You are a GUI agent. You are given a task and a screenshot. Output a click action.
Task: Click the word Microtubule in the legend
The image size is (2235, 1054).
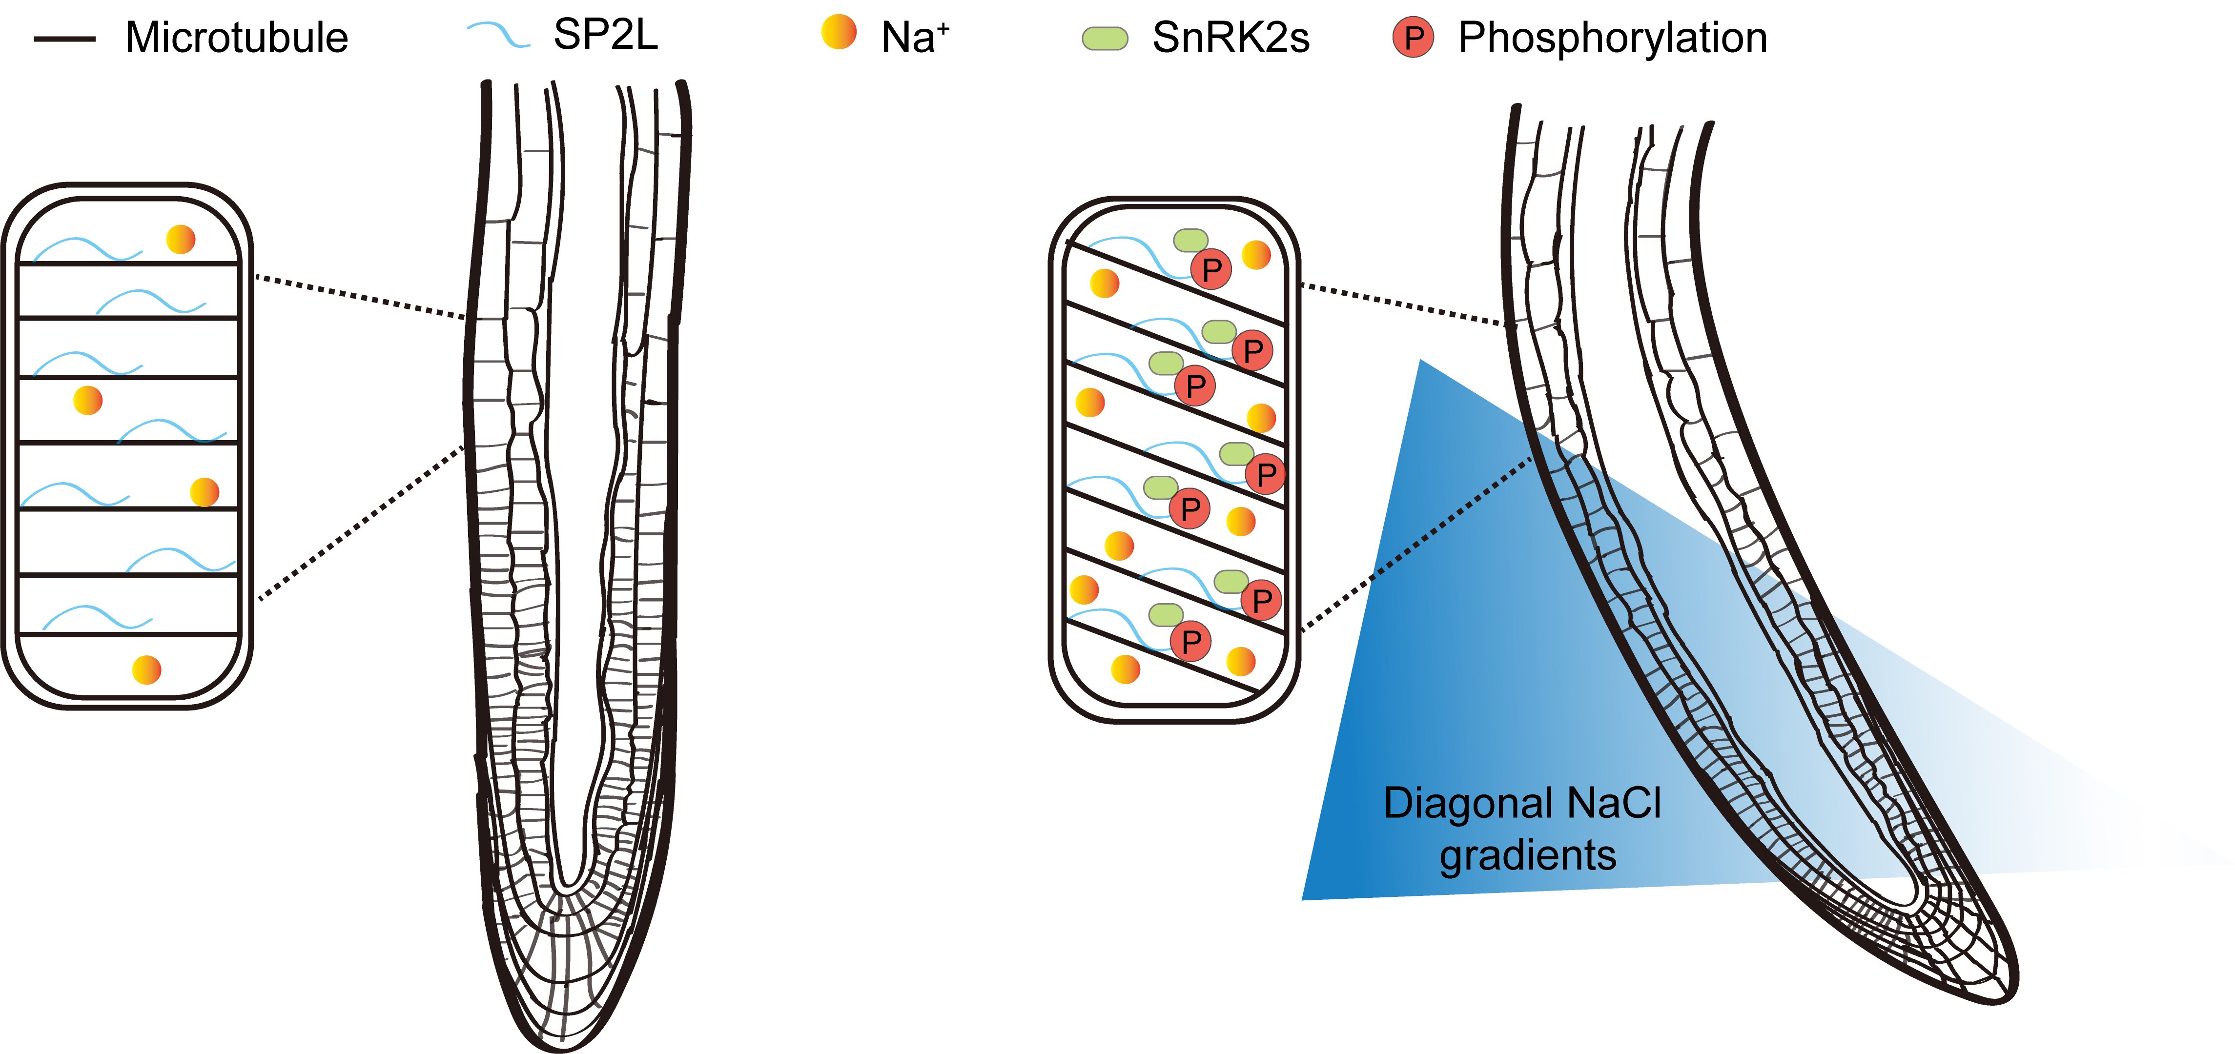pyautogui.click(x=236, y=38)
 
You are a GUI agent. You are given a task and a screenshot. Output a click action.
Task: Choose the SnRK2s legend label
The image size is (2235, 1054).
pyautogui.click(x=1230, y=38)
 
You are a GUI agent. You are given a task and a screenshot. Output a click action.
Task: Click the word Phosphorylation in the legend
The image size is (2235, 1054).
pyautogui.click(x=1612, y=38)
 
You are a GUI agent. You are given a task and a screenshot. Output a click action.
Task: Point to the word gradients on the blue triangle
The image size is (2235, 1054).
pyautogui.click(x=1528, y=855)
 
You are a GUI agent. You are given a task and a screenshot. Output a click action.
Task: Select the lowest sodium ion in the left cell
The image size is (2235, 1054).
pyautogui.click(x=146, y=669)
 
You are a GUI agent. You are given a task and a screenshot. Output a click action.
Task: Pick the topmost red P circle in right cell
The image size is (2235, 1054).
pyautogui.click(x=1211, y=270)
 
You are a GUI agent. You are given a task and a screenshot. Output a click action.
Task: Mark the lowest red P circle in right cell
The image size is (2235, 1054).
pyautogui.click(x=1191, y=642)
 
